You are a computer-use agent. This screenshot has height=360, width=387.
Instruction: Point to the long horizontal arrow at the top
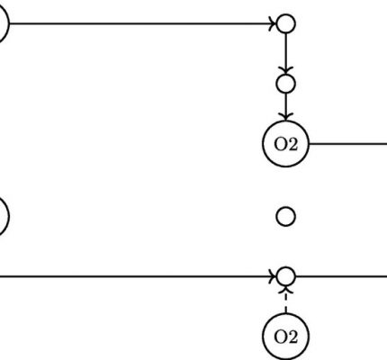[142, 23]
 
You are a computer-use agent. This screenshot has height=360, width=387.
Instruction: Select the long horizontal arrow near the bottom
[138, 276]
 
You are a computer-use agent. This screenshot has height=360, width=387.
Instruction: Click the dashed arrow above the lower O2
[285, 300]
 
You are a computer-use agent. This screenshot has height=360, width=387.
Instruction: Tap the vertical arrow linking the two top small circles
[285, 54]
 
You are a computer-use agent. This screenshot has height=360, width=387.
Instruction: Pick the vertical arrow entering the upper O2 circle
[285, 107]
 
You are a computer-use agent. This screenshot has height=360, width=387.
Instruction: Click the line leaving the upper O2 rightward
[348, 144]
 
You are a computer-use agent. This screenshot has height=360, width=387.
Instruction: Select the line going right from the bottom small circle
[341, 276]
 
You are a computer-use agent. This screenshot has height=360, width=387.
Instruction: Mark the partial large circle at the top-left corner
[9, 23]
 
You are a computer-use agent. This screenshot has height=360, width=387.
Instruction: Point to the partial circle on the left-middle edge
[9, 216]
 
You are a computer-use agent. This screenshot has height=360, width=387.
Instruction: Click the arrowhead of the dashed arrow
[285, 290]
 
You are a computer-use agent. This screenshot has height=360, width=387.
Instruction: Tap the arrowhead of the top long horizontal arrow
[273, 23]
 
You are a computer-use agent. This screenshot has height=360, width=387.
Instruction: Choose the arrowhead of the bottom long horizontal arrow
[273, 276]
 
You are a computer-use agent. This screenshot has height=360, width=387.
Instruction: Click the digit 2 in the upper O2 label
[292, 144]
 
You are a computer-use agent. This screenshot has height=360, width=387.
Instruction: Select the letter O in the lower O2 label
[281, 337]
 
